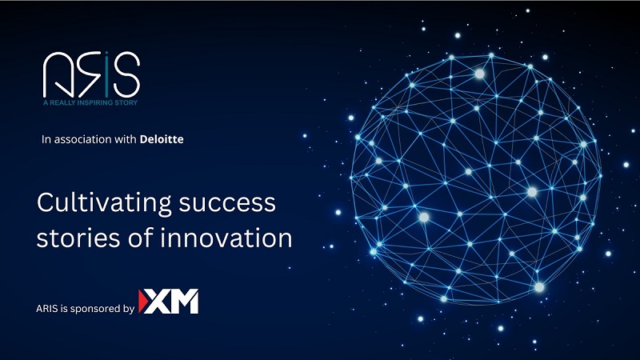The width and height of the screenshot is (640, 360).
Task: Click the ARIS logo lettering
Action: (x=91, y=74)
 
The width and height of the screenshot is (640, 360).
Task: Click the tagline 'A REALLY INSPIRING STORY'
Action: (x=90, y=102)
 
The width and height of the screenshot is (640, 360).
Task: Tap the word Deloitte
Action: (x=162, y=139)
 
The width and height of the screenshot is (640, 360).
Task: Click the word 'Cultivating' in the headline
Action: (x=104, y=203)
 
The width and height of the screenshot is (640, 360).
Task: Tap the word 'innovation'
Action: (x=226, y=238)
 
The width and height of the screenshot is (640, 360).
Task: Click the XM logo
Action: (x=169, y=302)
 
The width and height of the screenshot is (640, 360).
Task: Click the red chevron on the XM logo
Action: (x=142, y=302)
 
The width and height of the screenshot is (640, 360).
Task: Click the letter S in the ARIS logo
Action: (x=127, y=74)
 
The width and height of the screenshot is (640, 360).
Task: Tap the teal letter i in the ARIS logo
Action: (x=106, y=74)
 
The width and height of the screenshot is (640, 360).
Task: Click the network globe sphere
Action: (x=476, y=178)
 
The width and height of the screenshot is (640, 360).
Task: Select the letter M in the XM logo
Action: (x=184, y=302)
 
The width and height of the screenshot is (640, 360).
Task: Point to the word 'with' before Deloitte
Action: (x=126, y=139)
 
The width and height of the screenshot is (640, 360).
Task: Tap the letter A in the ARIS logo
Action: (x=57, y=74)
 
